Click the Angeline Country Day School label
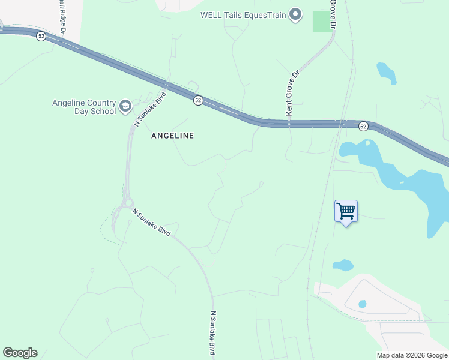pyautogui.click(x=85, y=107)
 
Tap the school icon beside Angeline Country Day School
pyautogui.click(x=125, y=107)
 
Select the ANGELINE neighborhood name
pyautogui.click(x=172, y=136)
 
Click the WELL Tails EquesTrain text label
pyautogui.click(x=243, y=14)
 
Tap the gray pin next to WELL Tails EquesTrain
pyautogui.click(x=295, y=14)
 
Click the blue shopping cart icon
pyautogui.click(x=346, y=212)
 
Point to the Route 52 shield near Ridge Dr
pyautogui.click(x=41, y=36)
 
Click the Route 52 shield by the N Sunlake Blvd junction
pyautogui.click(x=198, y=101)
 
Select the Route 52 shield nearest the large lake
pyautogui.click(x=363, y=126)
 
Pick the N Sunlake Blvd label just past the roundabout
pyautogui.click(x=151, y=223)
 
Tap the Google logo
pyautogui.click(x=20, y=353)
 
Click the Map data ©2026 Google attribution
pyautogui.click(x=412, y=355)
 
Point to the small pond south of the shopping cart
pyautogui.click(x=343, y=265)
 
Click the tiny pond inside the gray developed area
pyautogui.click(x=362, y=304)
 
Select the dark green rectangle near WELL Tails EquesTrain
pyautogui.click(x=322, y=21)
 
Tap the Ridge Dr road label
pyautogui.click(x=62, y=14)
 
